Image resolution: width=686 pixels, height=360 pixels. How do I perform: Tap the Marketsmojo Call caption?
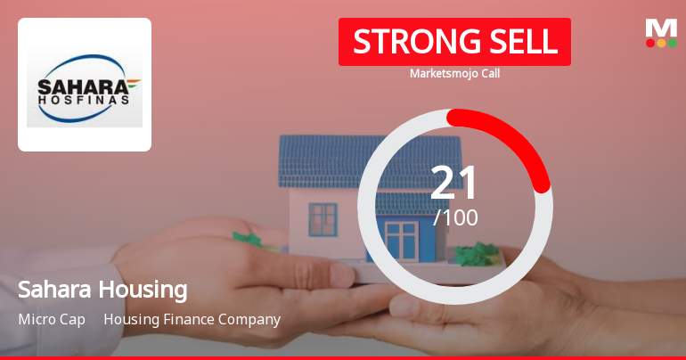tap(454, 74)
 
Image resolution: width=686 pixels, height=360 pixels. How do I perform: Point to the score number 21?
tap(454, 183)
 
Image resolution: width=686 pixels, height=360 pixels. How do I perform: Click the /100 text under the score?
tap(455, 217)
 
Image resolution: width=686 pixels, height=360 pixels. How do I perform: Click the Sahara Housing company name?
tap(102, 290)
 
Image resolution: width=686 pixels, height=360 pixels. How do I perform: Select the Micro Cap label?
tap(52, 319)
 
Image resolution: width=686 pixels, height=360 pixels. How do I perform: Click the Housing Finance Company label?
tap(192, 319)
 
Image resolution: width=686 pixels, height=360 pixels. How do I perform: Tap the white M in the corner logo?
tap(661, 27)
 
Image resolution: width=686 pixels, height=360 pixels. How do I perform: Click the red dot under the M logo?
tap(650, 43)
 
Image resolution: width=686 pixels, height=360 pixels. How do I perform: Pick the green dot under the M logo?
tap(672, 43)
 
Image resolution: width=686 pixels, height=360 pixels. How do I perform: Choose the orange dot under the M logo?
tap(661, 43)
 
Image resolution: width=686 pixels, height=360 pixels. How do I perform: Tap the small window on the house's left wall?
tap(323, 217)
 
